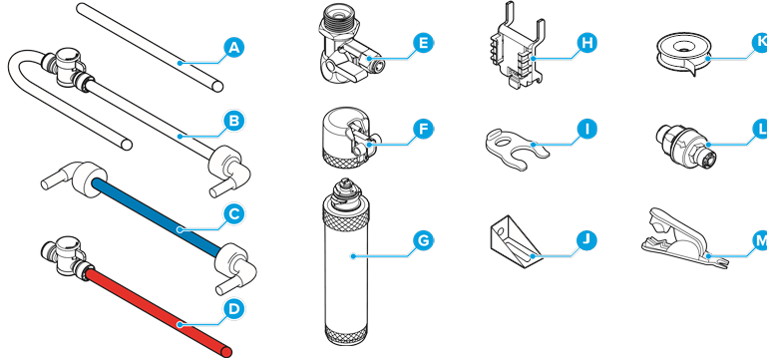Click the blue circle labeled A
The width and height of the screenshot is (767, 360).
click(233, 48)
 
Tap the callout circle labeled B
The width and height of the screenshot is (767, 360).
click(233, 121)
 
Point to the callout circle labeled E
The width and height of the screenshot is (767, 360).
click(423, 43)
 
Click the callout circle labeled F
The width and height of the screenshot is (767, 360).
click(423, 129)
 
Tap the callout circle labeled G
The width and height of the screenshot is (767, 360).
click(423, 240)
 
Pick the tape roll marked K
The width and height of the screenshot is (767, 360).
click(681, 55)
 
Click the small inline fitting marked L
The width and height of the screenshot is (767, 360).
click(685, 146)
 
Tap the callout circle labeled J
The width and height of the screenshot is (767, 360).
click(586, 239)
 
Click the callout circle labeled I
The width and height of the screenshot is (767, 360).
click(586, 129)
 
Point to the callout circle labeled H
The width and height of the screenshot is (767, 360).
click(586, 43)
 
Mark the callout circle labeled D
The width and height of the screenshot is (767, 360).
click(233, 308)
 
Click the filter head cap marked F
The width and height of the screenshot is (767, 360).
click(348, 138)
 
